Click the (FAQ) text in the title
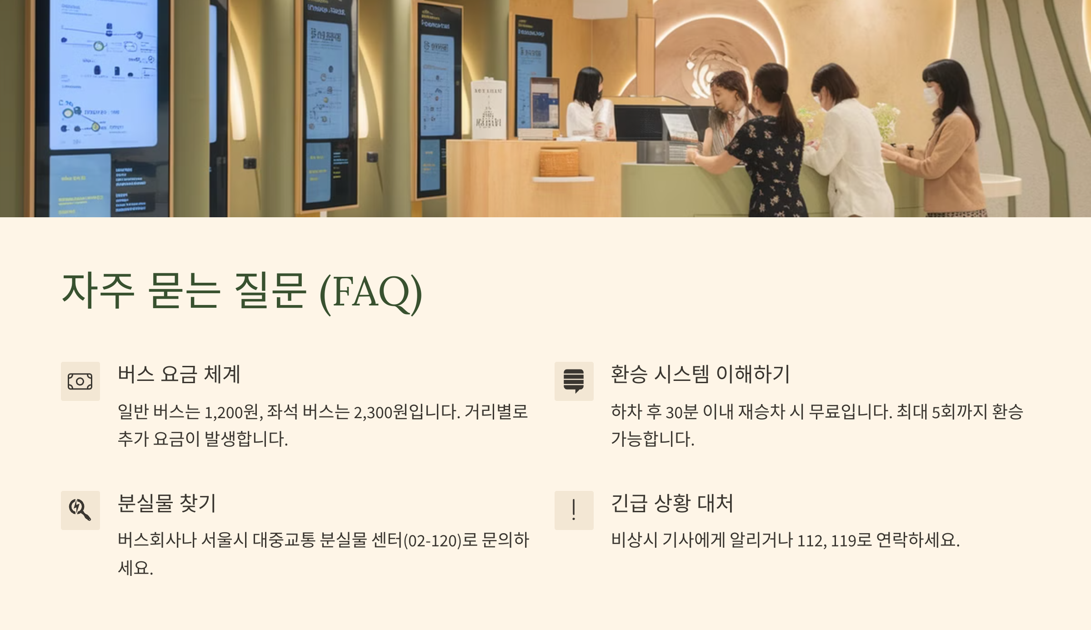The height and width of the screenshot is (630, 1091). pos(371,292)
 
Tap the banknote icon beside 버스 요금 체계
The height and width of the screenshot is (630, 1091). pos(80,381)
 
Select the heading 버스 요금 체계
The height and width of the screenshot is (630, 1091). pos(179,374)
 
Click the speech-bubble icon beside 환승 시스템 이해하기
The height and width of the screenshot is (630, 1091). pos(574,381)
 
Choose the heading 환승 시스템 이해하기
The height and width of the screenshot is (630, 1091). pos(700,374)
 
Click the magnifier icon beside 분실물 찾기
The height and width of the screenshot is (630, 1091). pos(80,510)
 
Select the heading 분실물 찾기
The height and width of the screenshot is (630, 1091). pos(167,503)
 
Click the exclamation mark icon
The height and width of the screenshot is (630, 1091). pos(574,510)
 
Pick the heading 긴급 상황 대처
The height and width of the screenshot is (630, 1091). pos(672,503)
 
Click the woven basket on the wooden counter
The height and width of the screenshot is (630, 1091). pos(559,162)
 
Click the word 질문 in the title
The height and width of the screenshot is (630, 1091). pos(270,291)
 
